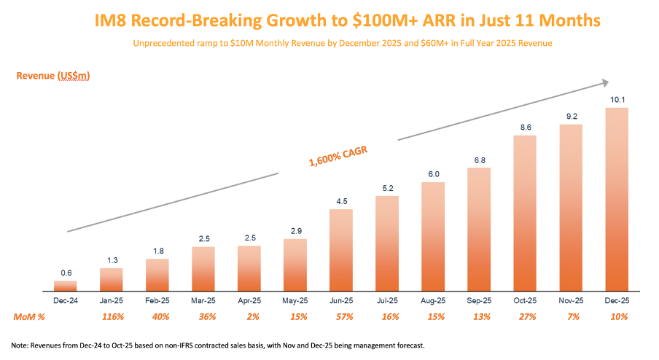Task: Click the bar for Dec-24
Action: click(x=65, y=286)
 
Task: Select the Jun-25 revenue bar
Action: click(x=341, y=250)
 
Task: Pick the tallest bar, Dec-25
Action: click(x=617, y=199)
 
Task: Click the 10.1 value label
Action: click(x=617, y=99)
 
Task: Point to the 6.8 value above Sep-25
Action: click(x=479, y=160)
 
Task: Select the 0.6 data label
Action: click(x=65, y=273)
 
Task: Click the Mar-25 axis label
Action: click(x=203, y=300)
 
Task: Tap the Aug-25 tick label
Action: click(x=433, y=300)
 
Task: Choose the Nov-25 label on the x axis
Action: click(x=571, y=300)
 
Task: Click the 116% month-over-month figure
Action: click(x=111, y=317)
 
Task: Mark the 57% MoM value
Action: click(x=341, y=317)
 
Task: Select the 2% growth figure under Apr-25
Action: click(x=249, y=317)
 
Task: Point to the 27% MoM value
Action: click(x=525, y=317)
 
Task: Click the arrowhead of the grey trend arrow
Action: click(x=604, y=83)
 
